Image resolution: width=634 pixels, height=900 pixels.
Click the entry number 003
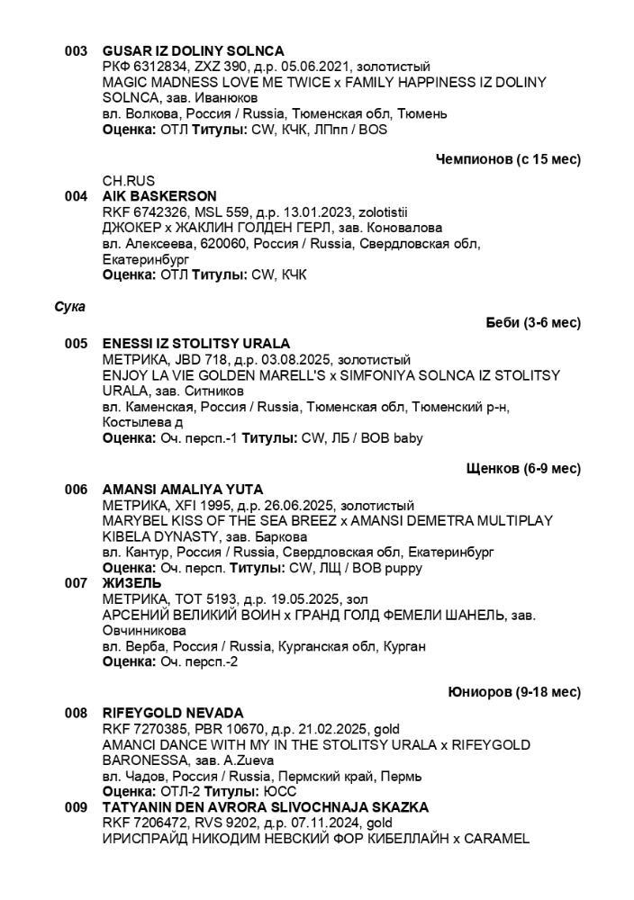76,51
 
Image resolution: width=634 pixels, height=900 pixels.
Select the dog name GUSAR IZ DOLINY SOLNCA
193,51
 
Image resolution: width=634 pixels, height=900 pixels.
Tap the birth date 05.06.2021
321,67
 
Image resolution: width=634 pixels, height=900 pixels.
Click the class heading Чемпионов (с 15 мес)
508,159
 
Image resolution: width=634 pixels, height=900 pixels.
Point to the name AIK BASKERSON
159,196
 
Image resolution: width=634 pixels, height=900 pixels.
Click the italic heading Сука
69,307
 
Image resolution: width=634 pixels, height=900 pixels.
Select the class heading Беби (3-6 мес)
532,322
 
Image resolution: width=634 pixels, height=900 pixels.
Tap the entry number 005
76,344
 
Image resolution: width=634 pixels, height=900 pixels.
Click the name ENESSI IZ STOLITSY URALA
196,344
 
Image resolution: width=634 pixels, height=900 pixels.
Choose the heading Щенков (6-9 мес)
523,469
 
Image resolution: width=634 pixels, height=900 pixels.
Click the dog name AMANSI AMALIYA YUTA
183,490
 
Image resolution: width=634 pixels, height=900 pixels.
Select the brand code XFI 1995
194,505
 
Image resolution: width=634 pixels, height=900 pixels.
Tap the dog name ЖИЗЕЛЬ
132,583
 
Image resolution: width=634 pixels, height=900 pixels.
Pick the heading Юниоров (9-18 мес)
514,692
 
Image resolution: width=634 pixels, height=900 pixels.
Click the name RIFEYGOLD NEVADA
173,713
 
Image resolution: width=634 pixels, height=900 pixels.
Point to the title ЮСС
281,791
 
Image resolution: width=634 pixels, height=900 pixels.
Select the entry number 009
76,807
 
